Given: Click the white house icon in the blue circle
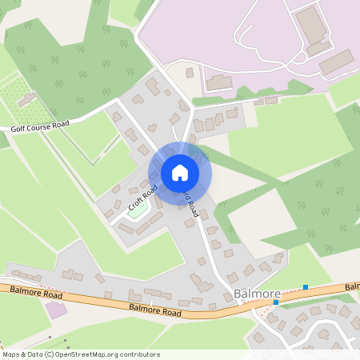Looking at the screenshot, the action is [x=180, y=173].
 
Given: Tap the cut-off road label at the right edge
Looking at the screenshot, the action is [x=352, y=286].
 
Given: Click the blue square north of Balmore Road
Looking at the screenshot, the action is [x=305, y=286].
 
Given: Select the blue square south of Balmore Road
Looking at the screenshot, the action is [x=276, y=302].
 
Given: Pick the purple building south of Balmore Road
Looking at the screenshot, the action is [x=57, y=310].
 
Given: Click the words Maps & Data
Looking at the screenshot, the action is [x=22, y=354].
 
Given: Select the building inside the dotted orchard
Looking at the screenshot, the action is [x=27, y=98].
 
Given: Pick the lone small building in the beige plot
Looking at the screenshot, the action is [x=190, y=73].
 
